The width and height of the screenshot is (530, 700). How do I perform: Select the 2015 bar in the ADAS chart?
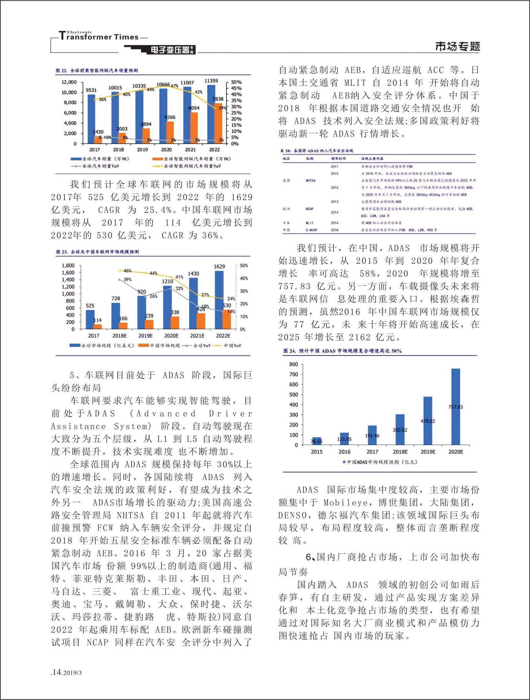click(x=316, y=441)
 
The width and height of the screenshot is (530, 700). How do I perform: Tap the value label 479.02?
click(x=428, y=421)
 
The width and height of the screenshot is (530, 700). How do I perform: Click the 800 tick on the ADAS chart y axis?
click(x=294, y=364)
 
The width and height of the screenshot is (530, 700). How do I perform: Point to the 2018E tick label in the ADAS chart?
click(x=400, y=452)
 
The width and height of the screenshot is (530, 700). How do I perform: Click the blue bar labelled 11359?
click(x=211, y=114)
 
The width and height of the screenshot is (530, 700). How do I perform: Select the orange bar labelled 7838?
click(x=218, y=123)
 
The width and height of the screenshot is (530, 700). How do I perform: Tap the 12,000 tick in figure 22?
click(x=69, y=82)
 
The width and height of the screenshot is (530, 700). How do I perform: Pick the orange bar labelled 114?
click(x=98, y=327)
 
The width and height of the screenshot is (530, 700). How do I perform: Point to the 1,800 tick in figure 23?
click(x=68, y=265)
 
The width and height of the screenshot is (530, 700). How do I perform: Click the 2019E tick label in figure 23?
click(x=145, y=336)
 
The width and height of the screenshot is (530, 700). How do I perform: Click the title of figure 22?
click(x=97, y=70)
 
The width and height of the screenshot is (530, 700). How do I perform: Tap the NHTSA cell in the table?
click(x=310, y=180)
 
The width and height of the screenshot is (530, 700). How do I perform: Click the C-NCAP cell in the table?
click(x=311, y=230)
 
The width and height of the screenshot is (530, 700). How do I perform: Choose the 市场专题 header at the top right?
click(x=457, y=47)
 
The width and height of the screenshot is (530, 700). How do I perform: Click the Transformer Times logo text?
click(x=102, y=37)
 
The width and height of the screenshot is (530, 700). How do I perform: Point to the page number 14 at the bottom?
click(x=57, y=672)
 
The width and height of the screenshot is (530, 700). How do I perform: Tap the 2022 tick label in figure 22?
click(x=214, y=150)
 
